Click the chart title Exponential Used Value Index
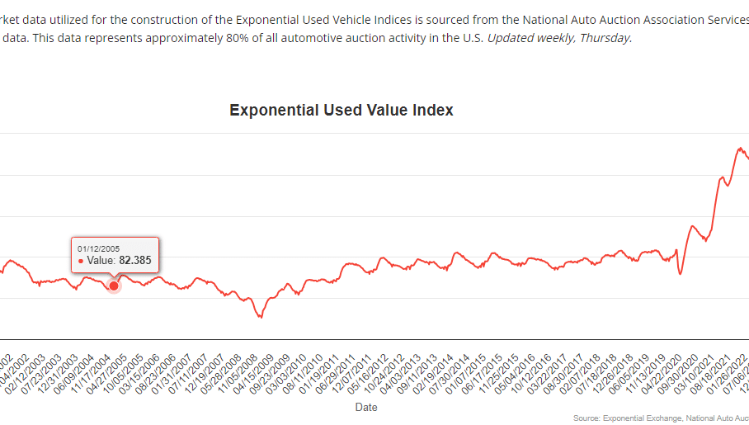click(341, 110)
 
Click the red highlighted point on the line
click(114, 286)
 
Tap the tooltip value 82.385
click(135, 260)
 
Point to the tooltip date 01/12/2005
click(99, 248)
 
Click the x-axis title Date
click(366, 407)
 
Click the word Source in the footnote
click(586, 418)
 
